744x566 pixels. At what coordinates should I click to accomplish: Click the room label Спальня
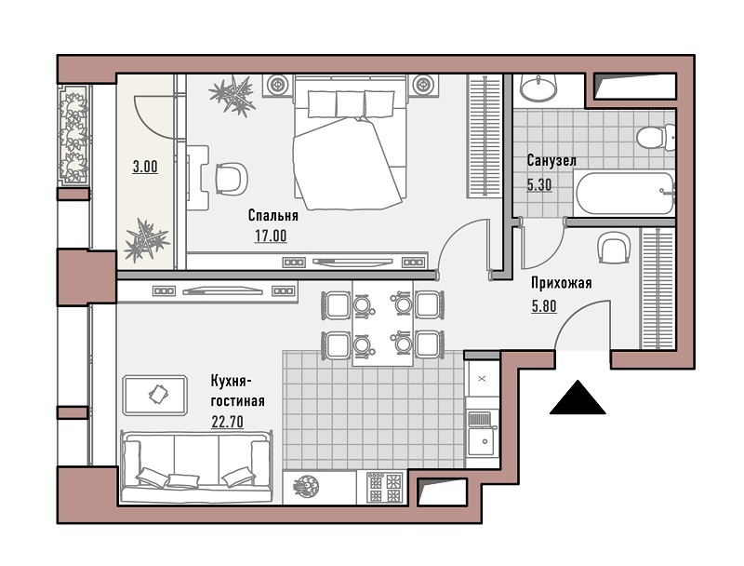click(x=272, y=216)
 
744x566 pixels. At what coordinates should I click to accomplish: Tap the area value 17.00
click(x=271, y=236)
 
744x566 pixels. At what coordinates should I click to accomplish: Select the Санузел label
click(x=551, y=161)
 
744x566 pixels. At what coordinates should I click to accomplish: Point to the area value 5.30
click(x=539, y=184)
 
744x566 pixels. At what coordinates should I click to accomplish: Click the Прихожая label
click(x=562, y=284)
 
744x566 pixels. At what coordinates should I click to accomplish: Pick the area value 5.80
click(x=544, y=306)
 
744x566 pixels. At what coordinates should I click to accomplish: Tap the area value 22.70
click(x=227, y=421)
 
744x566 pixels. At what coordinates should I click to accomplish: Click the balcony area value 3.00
click(x=145, y=168)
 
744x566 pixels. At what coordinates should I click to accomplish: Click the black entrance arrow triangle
click(x=578, y=397)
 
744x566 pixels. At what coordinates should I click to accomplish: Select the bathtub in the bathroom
click(x=624, y=195)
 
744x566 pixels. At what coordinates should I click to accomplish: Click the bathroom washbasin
click(x=538, y=88)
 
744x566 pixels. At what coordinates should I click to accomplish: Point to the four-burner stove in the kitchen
click(x=385, y=487)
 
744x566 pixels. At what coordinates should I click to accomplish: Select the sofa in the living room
click(x=197, y=466)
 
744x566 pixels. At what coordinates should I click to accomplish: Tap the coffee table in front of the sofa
click(x=154, y=395)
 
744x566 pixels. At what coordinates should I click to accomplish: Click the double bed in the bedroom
click(x=351, y=142)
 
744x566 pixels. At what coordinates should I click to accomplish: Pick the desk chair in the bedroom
click(x=232, y=178)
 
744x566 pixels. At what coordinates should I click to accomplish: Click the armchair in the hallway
click(x=615, y=248)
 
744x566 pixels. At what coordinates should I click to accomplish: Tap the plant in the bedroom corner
click(x=232, y=95)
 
